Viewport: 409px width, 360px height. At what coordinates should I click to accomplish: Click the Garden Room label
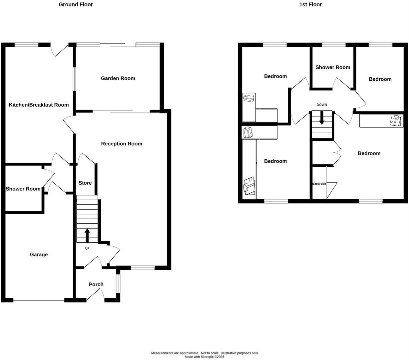coord(118,78)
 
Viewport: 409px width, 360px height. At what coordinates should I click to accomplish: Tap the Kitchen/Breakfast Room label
coord(39,105)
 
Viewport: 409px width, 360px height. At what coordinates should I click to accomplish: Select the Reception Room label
coord(122,144)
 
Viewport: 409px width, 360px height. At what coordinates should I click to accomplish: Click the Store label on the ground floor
coord(85,183)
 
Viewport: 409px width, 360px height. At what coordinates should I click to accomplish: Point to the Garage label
coord(39,254)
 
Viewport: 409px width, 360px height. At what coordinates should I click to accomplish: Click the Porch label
coord(96,284)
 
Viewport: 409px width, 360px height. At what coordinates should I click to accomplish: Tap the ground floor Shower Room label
coord(23,189)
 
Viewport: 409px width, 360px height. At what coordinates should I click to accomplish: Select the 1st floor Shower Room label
coord(333,67)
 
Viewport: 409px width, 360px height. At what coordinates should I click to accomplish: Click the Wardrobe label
coord(319,184)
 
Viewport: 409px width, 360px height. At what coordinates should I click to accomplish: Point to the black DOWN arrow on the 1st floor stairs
coord(322,119)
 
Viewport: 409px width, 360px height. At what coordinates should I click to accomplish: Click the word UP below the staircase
coord(87,248)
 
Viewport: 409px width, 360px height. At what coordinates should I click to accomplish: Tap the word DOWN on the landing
coord(322,105)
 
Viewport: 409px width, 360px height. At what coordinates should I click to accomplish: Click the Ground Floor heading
coord(76,4)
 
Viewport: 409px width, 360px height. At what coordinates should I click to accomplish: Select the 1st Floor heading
coord(310,4)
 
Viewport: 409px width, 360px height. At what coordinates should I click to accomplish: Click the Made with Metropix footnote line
coord(204,357)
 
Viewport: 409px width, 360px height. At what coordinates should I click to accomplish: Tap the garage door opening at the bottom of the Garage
coord(39,300)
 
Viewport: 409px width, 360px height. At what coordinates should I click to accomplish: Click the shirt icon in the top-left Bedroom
coord(249,99)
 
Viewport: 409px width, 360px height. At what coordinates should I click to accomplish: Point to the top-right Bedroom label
coord(380,79)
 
